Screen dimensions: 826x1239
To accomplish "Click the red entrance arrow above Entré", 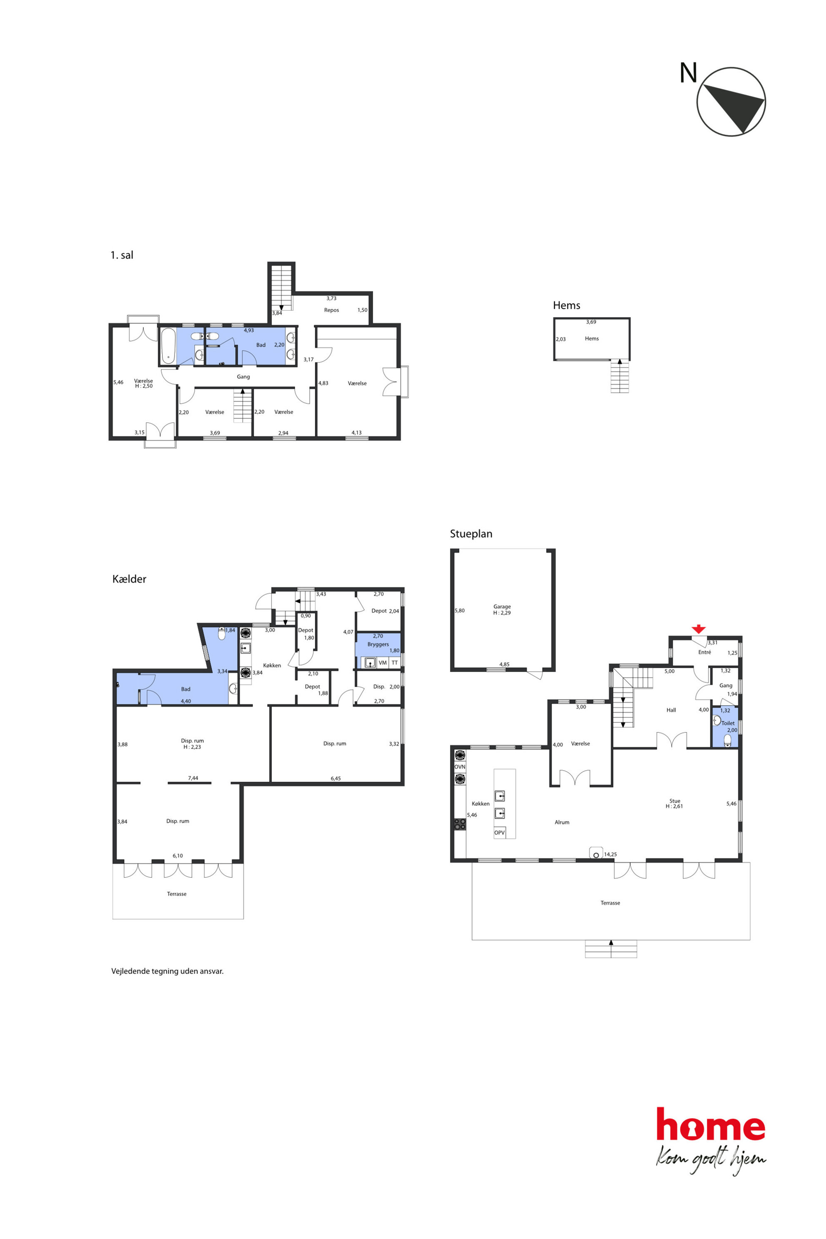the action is click(x=699, y=629).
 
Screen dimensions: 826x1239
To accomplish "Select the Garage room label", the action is click(x=502, y=606).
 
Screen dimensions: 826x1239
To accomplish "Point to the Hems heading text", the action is click(x=566, y=306).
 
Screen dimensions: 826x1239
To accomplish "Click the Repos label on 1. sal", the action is click(x=331, y=310).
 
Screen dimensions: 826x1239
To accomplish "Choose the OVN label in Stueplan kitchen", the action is click(x=460, y=767).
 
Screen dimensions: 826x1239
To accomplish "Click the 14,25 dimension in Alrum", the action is click(x=610, y=854).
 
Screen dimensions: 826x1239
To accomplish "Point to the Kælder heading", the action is click(x=129, y=579).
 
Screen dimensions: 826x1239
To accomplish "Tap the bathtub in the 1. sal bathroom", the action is click(x=168, y=346).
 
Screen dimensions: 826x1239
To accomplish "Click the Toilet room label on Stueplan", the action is click(x=728, y=723).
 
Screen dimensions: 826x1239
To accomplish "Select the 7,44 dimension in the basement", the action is click(x=193, y=778).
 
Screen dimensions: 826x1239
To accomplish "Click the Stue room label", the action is click(x=675, y=801).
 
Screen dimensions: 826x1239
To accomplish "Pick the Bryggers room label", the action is click(x=378, y=644).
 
